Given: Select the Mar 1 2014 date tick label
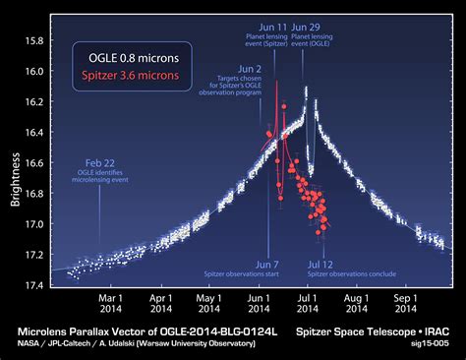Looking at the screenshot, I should point(110,301).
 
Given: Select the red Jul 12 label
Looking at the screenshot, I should point(320,264).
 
